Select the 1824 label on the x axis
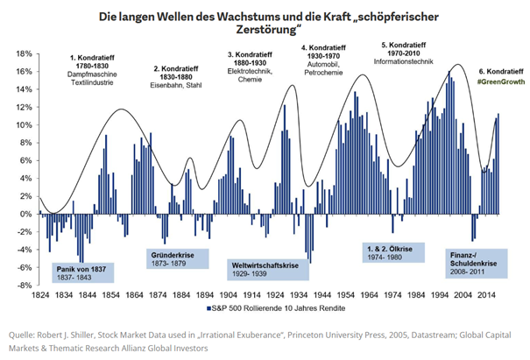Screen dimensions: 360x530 tap(39, 296)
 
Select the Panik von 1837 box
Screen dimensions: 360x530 tap(81, 273)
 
